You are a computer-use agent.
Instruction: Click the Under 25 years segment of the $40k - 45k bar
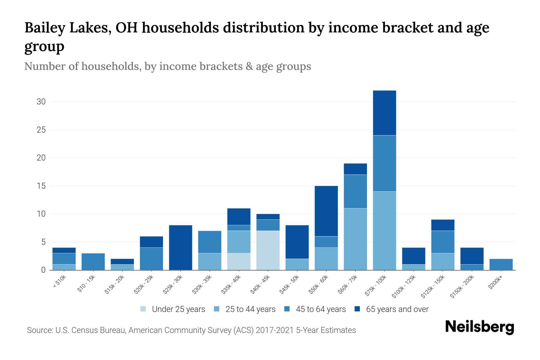268,250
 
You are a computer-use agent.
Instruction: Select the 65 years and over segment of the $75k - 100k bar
384,113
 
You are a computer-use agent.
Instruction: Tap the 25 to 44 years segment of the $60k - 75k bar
355,239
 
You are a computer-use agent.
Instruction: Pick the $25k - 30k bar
181,247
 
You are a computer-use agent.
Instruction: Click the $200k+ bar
501,264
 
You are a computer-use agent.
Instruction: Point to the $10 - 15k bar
93,262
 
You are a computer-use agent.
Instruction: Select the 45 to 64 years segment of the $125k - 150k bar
442,242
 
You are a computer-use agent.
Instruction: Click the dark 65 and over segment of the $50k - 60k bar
326,211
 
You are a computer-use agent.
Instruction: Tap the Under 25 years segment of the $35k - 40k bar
239,261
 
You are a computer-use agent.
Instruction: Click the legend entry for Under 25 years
178,309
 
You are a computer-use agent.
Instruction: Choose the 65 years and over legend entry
397,309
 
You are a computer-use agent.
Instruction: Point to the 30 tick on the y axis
41,102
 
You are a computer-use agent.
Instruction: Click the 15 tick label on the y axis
41,186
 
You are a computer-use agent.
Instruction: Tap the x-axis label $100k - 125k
404,287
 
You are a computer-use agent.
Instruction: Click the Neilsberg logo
479,327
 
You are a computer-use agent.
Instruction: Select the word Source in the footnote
39,330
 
